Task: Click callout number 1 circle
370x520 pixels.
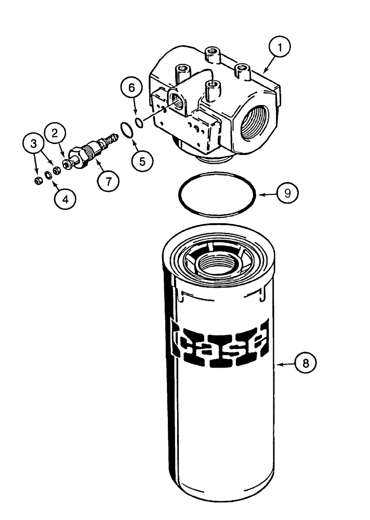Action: click(x=282, y=48)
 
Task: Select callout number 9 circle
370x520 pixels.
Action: click(x=286, y=193)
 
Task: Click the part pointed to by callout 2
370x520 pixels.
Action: click(x=67, y=166)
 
